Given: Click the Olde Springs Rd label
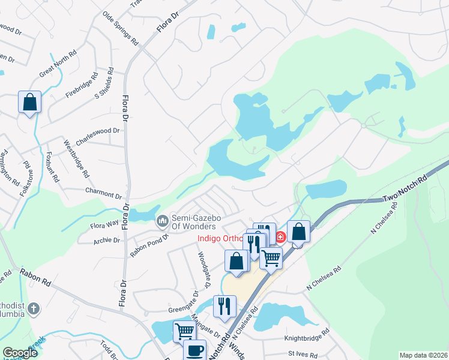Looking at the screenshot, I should (x=120, y=29).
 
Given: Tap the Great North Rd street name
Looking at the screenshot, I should (x=58, y=63).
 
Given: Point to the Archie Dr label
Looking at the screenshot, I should (x=107, y=240).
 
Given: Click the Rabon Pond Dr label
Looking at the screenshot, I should (x=149, y=245).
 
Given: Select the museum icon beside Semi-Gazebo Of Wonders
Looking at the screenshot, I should (x=162, y=221).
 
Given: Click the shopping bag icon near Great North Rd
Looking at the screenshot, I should (x=29, y=103).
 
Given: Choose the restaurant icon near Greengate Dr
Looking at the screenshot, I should (x=224, y=305).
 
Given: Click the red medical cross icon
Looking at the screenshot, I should (x=280, y=237).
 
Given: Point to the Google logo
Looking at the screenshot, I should (x=20, y=353).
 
